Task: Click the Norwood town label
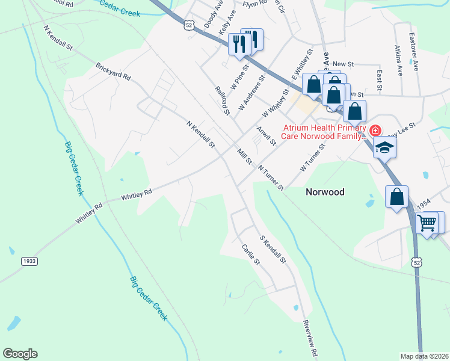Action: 325,192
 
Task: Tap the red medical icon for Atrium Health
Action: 375,130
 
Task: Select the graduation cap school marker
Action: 384,147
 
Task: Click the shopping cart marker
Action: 427,223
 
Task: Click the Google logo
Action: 20,354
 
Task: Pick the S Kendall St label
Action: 272,250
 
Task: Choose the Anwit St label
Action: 266,136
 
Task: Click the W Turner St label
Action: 312,158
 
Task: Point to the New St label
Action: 342,64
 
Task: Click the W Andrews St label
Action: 251,93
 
